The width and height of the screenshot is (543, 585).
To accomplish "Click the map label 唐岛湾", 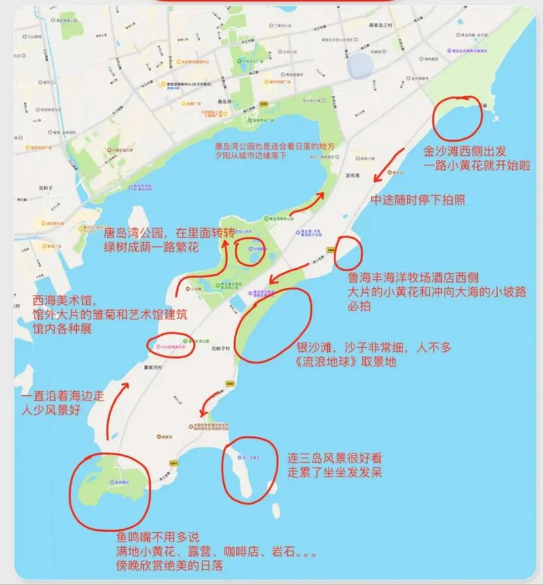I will pos(225,102).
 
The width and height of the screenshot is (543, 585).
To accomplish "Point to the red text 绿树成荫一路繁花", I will pos(151,248).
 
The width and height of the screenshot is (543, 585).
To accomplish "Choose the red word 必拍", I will pos(360,306).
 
